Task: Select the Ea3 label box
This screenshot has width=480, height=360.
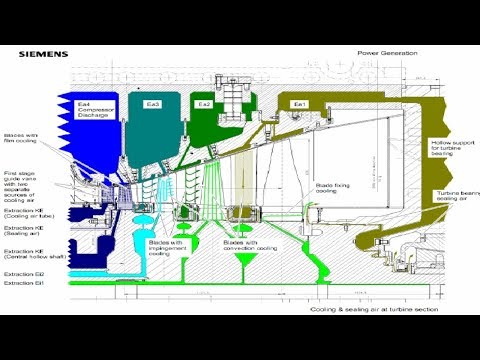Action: [x=152, y=103]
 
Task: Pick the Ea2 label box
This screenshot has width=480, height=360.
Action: [x=204, y=103]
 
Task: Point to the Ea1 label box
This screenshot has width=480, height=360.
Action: [x=299, y=103]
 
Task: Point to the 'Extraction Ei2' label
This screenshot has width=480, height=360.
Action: [x=23, y=273]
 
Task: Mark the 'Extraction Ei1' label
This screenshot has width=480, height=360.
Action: [x=23, y=283]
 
